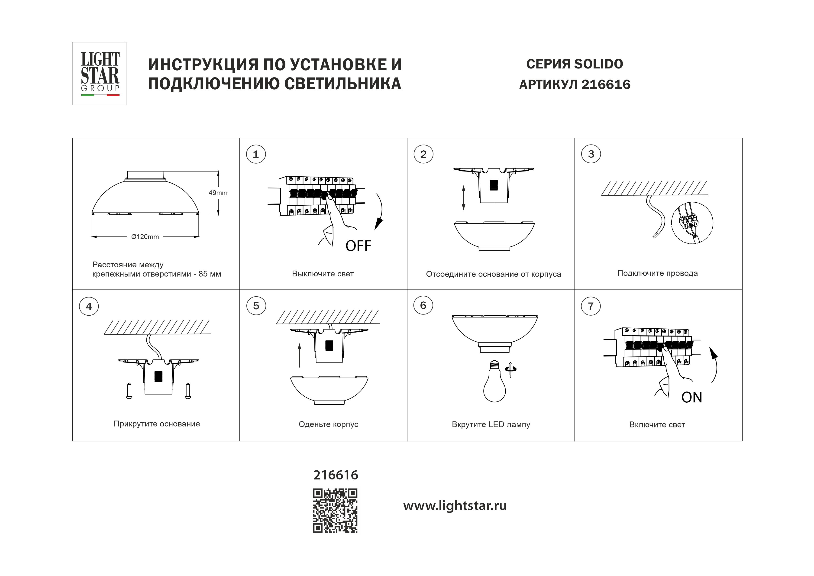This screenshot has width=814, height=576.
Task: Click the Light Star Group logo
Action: coord(99,73)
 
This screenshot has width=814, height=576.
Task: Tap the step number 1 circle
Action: coord(256,154)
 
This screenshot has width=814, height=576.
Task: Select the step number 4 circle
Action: coord(89,306)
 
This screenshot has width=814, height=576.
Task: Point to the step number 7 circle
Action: coord(591,306)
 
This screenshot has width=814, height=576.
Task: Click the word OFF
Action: coord(358,246)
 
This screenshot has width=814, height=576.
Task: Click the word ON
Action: coord(691,397)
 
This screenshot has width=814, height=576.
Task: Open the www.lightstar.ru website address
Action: coord(455,506)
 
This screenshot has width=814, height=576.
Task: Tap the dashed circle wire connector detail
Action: coord(692,223)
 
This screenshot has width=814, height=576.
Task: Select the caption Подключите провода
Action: coord(657,273)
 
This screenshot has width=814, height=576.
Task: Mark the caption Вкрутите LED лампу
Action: coord(491,424)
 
